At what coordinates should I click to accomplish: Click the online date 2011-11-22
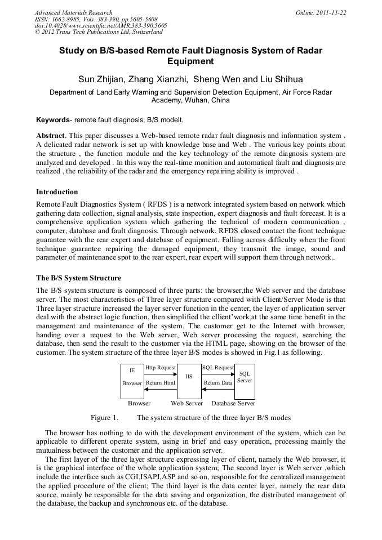[329, 12]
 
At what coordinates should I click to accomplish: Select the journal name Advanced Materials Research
[74, 12]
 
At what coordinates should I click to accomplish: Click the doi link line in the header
[101, 25]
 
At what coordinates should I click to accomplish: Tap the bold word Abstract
[51, 136]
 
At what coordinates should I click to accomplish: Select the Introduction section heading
[57, 192]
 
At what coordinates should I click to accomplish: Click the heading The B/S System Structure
[78, 278]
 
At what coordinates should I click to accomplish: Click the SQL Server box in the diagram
[245, 377]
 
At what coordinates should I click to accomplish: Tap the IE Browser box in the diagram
[132, 377]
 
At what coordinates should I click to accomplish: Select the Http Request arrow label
[161, 368]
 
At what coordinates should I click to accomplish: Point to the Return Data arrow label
[217, 383]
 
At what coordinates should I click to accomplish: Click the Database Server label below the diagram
[233, 403]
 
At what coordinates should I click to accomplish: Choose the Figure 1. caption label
[105, 418]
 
